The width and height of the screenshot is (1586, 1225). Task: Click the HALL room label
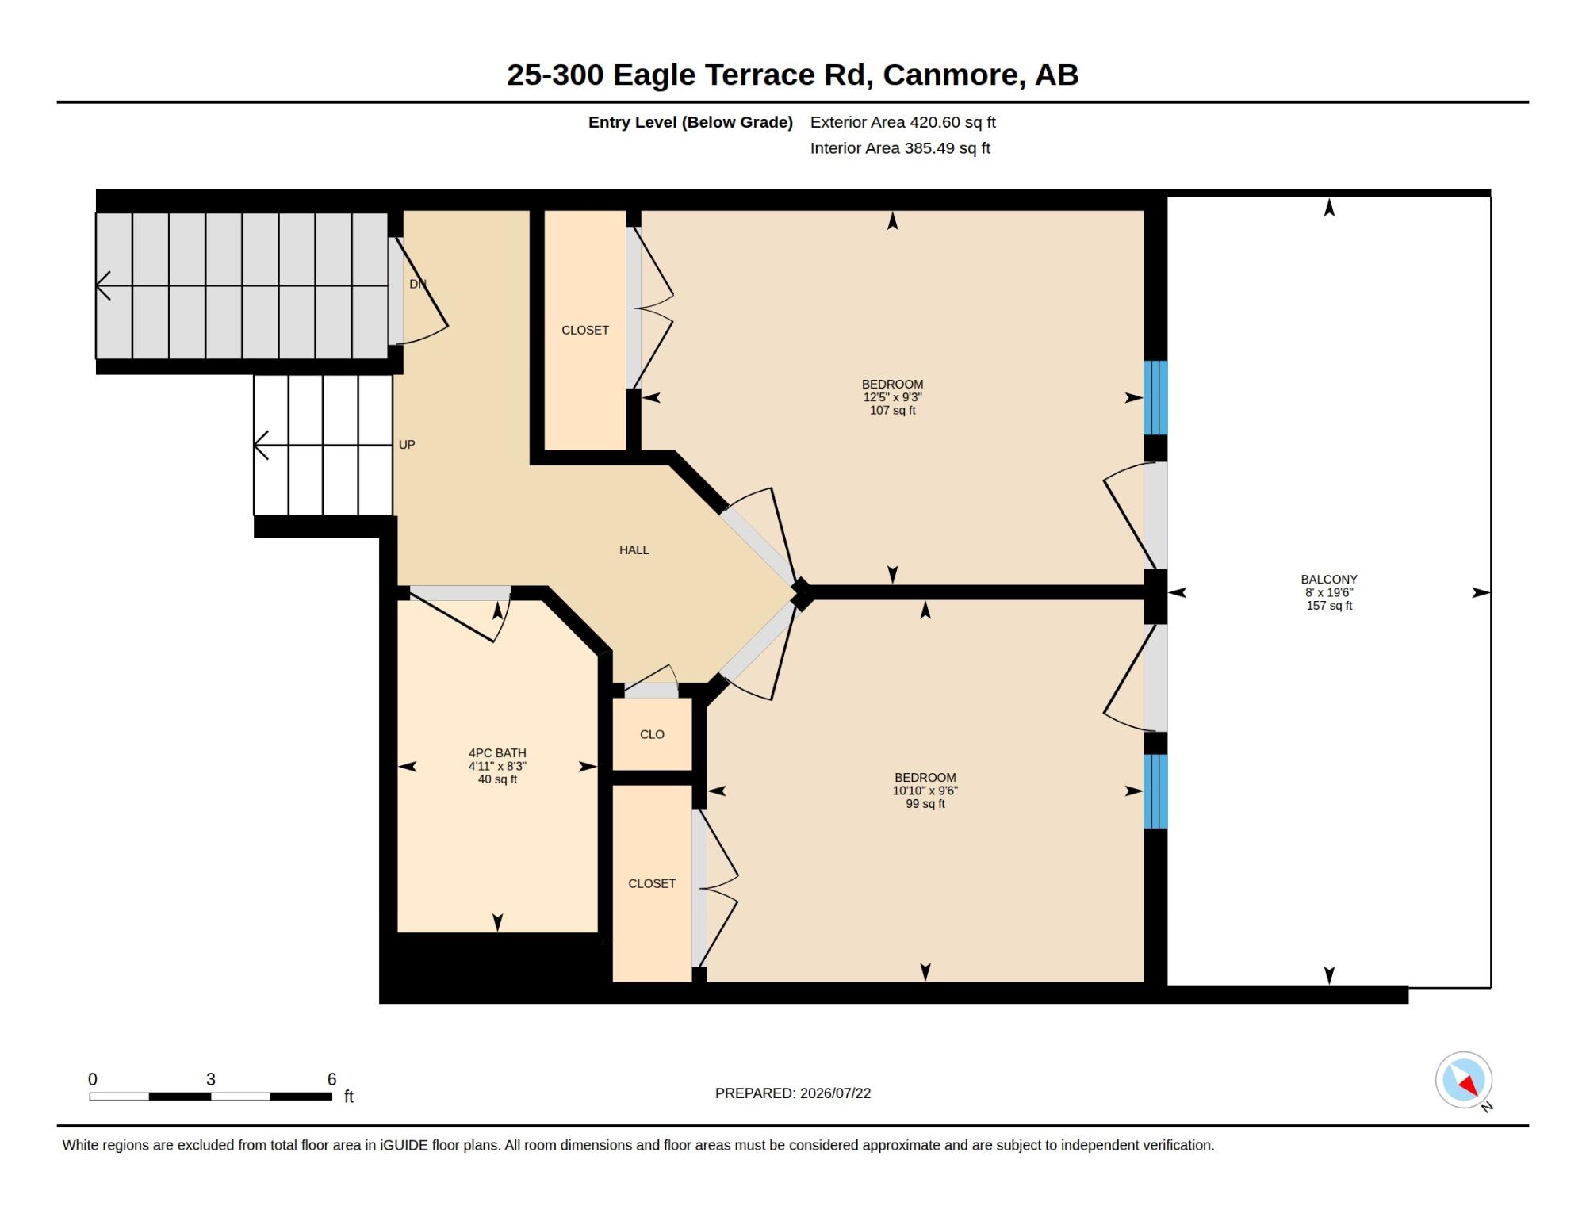634,549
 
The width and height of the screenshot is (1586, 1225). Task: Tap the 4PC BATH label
497,753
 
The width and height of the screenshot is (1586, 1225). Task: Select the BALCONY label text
1329,580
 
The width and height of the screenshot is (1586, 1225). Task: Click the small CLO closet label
652,734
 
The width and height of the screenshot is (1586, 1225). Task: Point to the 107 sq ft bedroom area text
892,410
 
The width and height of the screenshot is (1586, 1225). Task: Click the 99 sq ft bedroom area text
925,803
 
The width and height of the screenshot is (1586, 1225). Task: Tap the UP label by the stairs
407,445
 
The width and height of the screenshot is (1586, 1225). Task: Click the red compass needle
1469,1085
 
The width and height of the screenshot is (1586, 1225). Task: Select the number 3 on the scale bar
211,1079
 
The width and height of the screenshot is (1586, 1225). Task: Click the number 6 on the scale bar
331,1079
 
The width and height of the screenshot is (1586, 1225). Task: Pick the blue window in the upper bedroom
1155,398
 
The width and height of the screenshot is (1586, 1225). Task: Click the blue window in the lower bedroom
1155,791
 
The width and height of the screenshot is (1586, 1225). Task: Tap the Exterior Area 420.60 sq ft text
902,122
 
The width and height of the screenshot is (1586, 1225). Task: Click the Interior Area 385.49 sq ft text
900,148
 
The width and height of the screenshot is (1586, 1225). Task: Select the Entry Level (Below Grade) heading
691,122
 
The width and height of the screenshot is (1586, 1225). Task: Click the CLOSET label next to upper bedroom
585,330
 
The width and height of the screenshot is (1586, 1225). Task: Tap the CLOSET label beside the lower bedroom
652,883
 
